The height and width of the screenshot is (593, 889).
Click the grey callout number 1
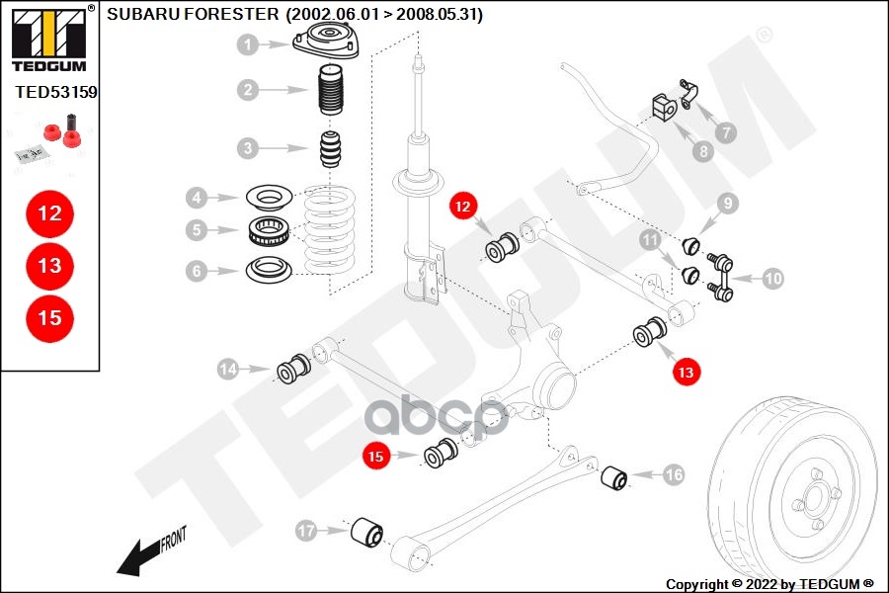[248, 44]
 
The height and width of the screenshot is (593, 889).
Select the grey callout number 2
[248, 90]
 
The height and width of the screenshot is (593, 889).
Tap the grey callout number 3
[248, 149]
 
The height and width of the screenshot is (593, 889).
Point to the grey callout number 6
[198, 270]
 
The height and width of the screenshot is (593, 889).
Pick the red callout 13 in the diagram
[686, 372]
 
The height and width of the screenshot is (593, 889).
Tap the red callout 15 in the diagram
[375, 457]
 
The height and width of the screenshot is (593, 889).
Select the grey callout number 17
[307, 532]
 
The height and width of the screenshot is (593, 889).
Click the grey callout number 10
[772, 280]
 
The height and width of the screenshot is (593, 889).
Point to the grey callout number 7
[726, 131]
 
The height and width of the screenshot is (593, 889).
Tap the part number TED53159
[55, 92]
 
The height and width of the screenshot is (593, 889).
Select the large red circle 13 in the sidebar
[49, 265]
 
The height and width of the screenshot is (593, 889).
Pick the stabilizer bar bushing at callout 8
[664, 106]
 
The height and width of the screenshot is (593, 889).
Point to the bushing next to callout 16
[616, 477]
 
